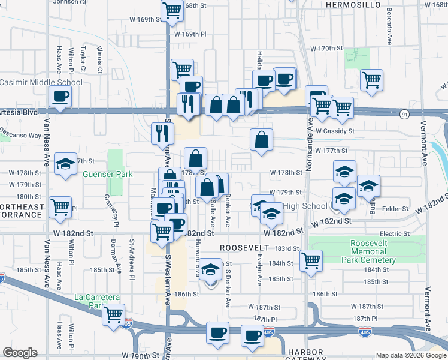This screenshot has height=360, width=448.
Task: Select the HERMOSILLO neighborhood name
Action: click(353, 5)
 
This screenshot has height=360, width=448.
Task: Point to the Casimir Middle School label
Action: click(41, 83)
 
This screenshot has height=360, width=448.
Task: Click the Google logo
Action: click(19, 353)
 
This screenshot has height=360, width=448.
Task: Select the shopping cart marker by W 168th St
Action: click(172, 10)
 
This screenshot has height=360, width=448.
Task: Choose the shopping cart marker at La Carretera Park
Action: click(113, 314)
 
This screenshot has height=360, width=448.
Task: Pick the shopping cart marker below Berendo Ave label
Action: click(371, 79)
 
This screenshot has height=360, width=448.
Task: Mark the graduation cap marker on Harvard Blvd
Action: click(210, 270)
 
